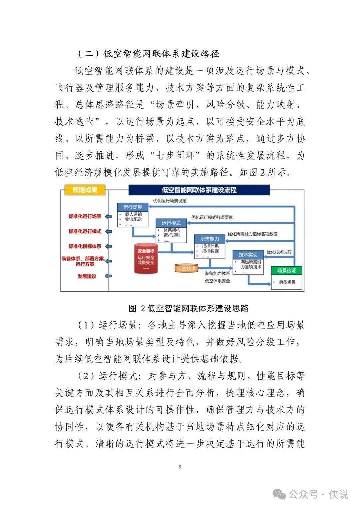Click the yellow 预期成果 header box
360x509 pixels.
coord(85,190)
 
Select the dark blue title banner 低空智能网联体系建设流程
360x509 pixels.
coord(199,190)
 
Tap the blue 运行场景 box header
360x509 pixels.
coord(133,207)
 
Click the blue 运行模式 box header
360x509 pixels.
coord(171,223)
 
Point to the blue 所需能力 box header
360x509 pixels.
coord(209,239)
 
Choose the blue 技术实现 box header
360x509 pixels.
coord(248,255)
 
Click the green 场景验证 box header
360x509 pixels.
coord(286,270)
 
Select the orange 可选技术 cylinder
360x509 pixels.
coord(186,268)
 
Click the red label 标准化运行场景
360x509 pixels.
coord(85,216)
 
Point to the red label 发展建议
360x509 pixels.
coord(87,276)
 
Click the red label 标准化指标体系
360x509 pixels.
coord(85,246)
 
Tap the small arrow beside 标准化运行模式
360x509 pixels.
coord(108,231)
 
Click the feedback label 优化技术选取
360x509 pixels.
coord(279,252)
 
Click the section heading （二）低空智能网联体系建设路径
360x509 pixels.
coord(148,54)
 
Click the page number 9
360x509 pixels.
coord(180,467)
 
